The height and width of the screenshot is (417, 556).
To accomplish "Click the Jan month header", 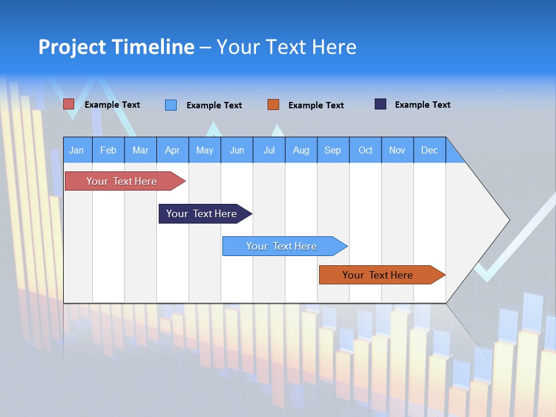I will click(76, 150).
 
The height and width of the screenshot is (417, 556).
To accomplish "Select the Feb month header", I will click(108, 150).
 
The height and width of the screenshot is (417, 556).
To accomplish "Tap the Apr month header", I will click(172, 150).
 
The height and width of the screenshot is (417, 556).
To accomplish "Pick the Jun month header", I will click(237, 150).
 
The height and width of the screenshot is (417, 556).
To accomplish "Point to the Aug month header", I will click(301, 150).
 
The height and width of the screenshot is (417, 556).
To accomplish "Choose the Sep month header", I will click(332, 150).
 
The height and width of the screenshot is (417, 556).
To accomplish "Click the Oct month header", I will click(365, 150).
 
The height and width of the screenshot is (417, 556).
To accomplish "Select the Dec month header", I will click(429, 150).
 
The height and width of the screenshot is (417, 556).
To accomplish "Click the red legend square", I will click(68, 104).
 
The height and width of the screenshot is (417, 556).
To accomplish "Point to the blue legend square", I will click(171, 105).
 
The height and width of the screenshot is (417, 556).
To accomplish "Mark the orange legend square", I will click(273, 105).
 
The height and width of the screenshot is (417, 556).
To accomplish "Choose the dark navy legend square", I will click(381, 104).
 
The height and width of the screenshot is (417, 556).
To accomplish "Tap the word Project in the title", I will click(72, 47).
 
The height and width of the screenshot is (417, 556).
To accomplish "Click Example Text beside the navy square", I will click(422, 105).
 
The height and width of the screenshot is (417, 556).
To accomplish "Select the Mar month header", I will click(140, 150).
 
